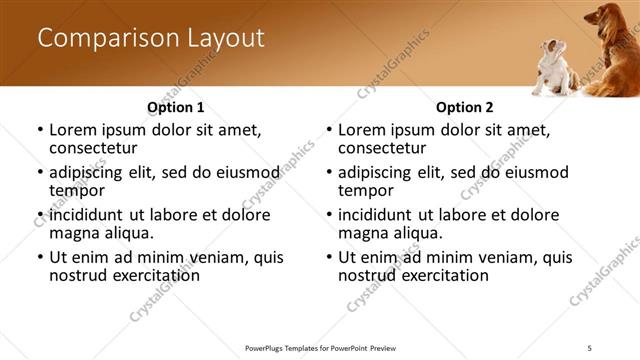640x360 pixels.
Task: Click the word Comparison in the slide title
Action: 107,39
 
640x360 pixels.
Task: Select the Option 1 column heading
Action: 175,106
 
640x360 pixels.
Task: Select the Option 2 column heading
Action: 464,106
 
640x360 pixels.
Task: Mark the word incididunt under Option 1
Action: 87,215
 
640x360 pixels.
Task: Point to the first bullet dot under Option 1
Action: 40,130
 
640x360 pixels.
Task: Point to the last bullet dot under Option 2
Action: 329,257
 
